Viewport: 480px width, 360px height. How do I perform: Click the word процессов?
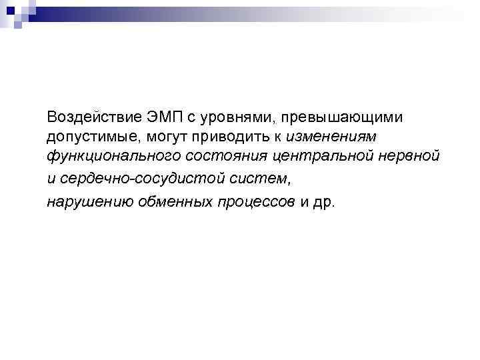click(x=256, y=201)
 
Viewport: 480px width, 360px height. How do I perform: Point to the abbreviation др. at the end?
click(x=326, y=201)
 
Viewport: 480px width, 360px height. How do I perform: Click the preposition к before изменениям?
click(x=283, y=137)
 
